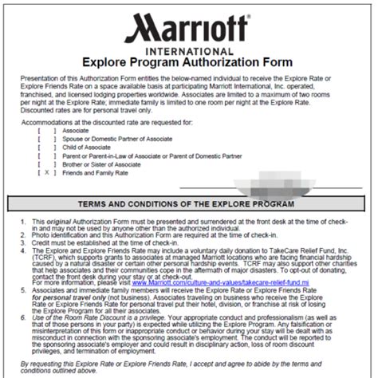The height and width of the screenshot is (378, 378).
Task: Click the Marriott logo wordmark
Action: click(189, 33)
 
